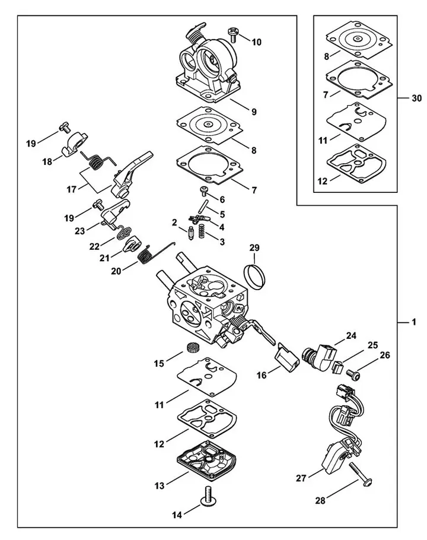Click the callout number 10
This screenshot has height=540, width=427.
pyautogui.click(x=256, y=42)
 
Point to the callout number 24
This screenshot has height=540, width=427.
pyautogui.click(x=352, y=336)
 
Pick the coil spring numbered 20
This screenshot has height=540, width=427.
pyautogui.click(x=146, y=256)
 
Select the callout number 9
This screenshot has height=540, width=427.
pyautogui.click(x=253, y=112)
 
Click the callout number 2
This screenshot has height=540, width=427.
pyautogui.click(x=175, y=223)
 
